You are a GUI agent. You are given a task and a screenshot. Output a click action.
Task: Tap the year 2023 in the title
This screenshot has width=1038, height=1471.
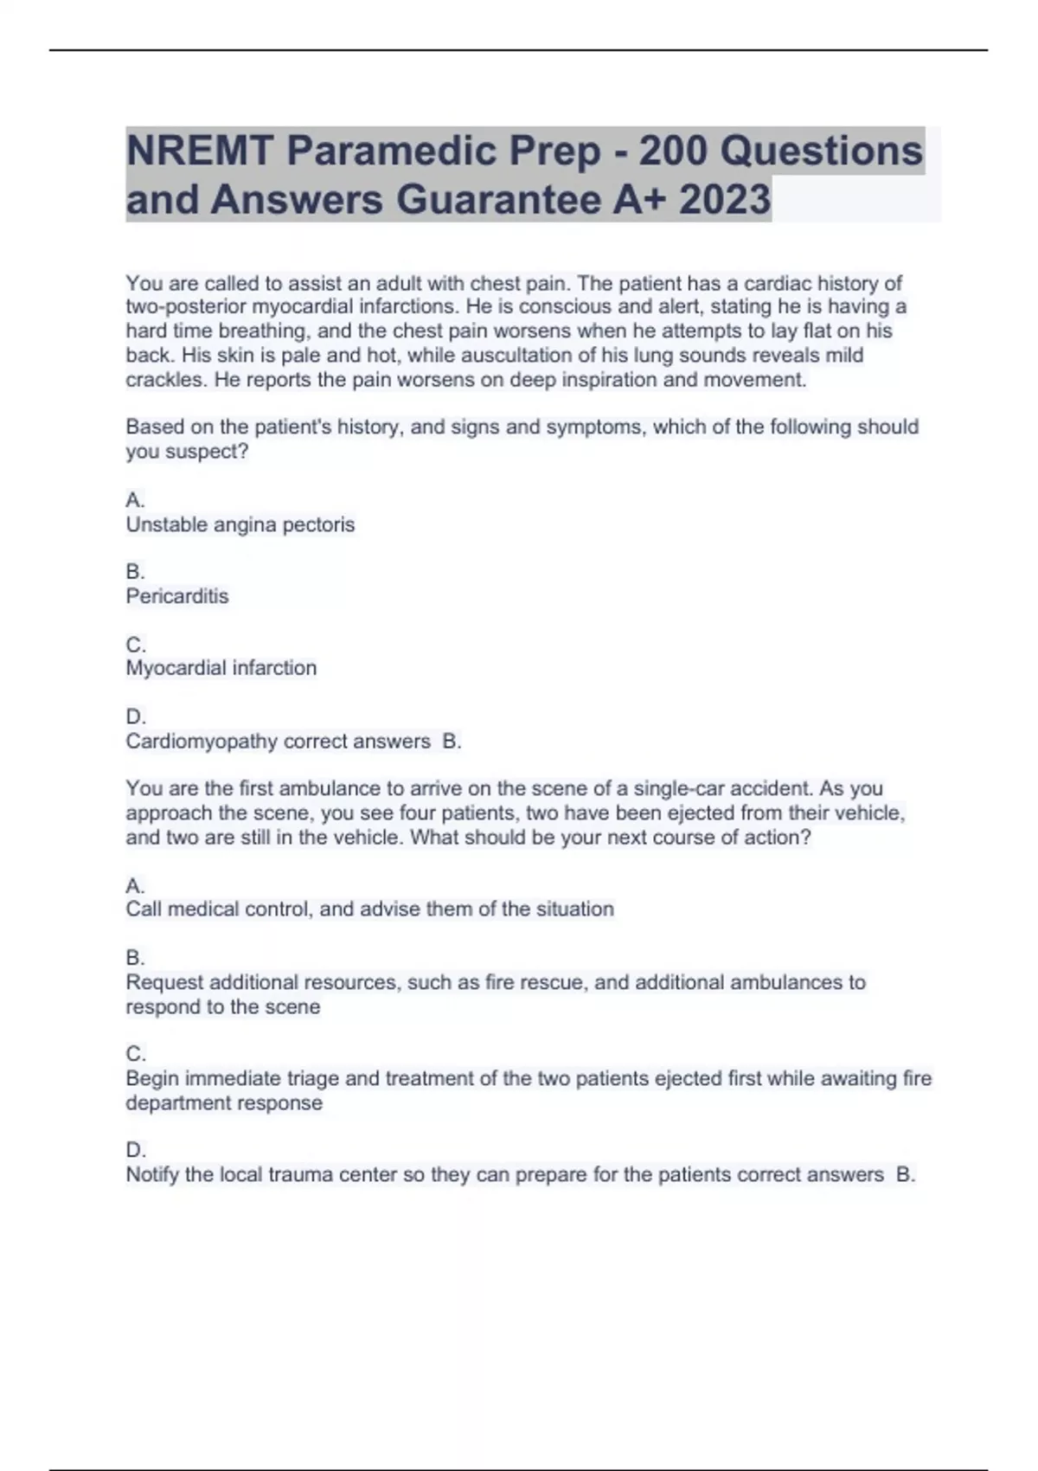click(x=725, y=200)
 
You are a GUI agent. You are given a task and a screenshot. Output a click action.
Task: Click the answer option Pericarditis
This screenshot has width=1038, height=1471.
click(x=177, y=596)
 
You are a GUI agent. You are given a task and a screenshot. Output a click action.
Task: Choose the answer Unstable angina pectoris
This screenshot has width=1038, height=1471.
click(x=240, y=524)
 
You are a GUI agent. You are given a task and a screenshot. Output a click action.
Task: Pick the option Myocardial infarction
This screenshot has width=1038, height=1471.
click(x=221, y=668)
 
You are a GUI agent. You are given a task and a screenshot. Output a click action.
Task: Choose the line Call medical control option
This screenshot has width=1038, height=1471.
click(x=369, y=909)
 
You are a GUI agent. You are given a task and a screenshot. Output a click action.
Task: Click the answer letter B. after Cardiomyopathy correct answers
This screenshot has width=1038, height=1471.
click(x=452, y=742)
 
